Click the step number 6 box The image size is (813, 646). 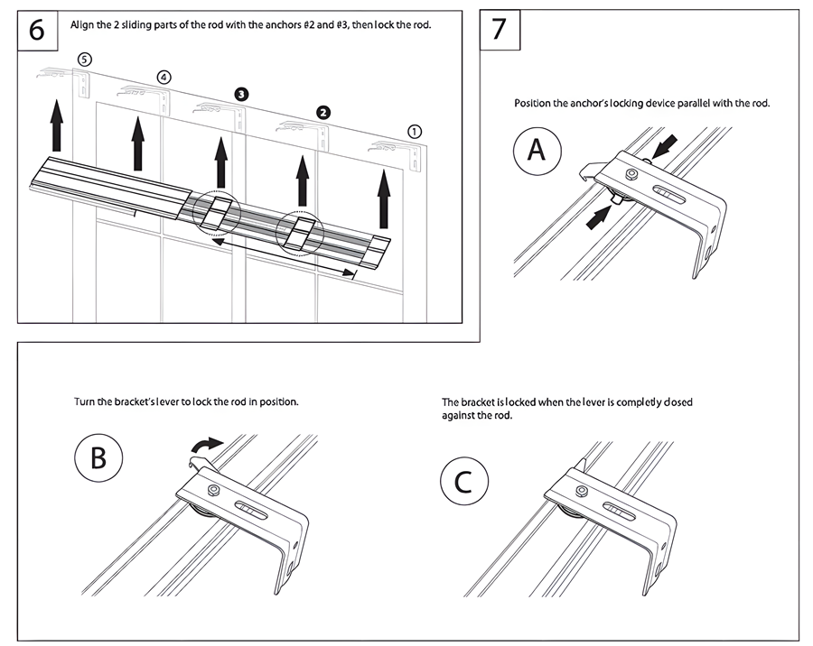[37, 30]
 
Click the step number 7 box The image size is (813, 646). [500, 30]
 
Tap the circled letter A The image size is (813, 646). [537, 150]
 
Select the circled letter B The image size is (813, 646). [98, 457]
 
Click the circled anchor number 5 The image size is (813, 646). [84, 59]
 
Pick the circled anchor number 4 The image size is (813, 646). [164, 78]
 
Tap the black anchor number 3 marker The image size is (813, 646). [241, 94]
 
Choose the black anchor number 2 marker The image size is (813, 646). [322, 112]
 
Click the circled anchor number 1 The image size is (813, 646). [415, 131]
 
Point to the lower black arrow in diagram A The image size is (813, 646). [597, 217]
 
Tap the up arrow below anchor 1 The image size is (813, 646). [385, 198]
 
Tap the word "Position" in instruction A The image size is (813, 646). [533, 104]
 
